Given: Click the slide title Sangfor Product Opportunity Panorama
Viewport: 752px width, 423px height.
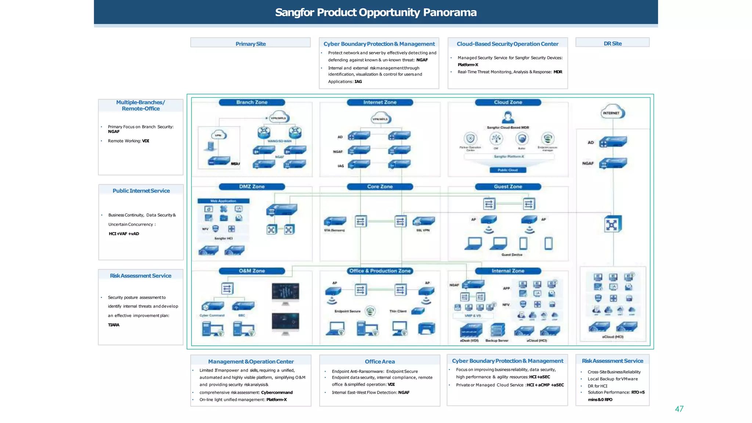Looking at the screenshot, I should (x=376, y=12).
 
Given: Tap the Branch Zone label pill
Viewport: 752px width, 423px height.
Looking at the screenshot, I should (x=252, y=102).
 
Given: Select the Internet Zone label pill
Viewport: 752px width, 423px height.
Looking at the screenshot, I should (x=380, y=102).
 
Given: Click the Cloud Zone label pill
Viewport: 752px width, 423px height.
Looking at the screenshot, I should (x=508, y=102).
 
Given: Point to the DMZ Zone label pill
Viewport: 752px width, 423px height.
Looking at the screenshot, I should (x=252, y=187).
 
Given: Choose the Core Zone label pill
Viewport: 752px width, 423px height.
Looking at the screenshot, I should (x=380, y=187).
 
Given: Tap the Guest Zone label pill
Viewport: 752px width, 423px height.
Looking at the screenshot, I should (x=508, y=187).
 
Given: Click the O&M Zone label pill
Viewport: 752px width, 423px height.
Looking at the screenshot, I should (x=252, y=271).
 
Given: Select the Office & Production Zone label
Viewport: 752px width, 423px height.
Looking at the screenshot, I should (x=380, y=271).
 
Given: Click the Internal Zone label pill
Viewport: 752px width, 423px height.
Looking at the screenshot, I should (x=508, y=271).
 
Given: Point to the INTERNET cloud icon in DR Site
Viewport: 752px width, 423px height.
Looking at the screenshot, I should (x=612, y=113).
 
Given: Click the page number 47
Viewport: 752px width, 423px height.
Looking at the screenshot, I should (x=679, y=409).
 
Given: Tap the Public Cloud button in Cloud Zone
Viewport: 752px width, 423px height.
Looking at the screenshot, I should (x=508, y=170).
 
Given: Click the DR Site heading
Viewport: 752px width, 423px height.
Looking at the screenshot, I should (x=612, y=43).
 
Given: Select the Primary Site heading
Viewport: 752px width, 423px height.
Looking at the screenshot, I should (x=250, y=44).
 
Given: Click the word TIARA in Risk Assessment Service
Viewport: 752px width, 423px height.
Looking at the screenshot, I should (x=113, y=325).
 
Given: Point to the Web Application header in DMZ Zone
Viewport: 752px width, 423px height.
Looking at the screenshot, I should (x=223, y=201).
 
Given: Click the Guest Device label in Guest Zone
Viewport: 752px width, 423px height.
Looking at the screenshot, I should (x=511, y=254).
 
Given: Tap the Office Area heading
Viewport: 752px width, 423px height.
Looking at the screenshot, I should (x=380, y=361).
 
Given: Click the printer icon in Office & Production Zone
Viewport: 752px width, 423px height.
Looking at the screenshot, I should (x=426, y=328).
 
